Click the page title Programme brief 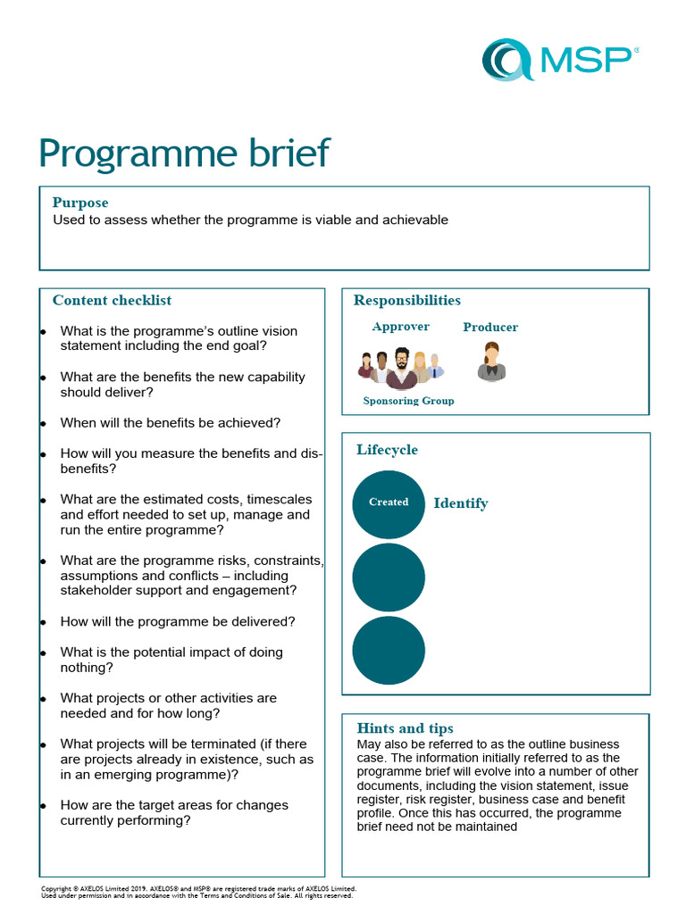(x=184, y=154)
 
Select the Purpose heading (x=80, y=203)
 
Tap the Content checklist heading (x=112, y=300)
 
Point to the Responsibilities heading (x=407, y=300)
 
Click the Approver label (x=400, y=327)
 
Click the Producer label (x=490, y=328)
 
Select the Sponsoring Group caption (x=408, y=401)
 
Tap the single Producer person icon (x=491, y=361)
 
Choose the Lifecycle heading (x=387, y=450)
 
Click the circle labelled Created (x=389, y=503)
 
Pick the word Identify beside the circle (x=461, y=503)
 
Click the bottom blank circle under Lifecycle (x=389, y=650)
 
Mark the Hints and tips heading (x=405, y=728)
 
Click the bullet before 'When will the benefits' (x=43, y=423)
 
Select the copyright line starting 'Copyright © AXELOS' (x=198, y=889)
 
